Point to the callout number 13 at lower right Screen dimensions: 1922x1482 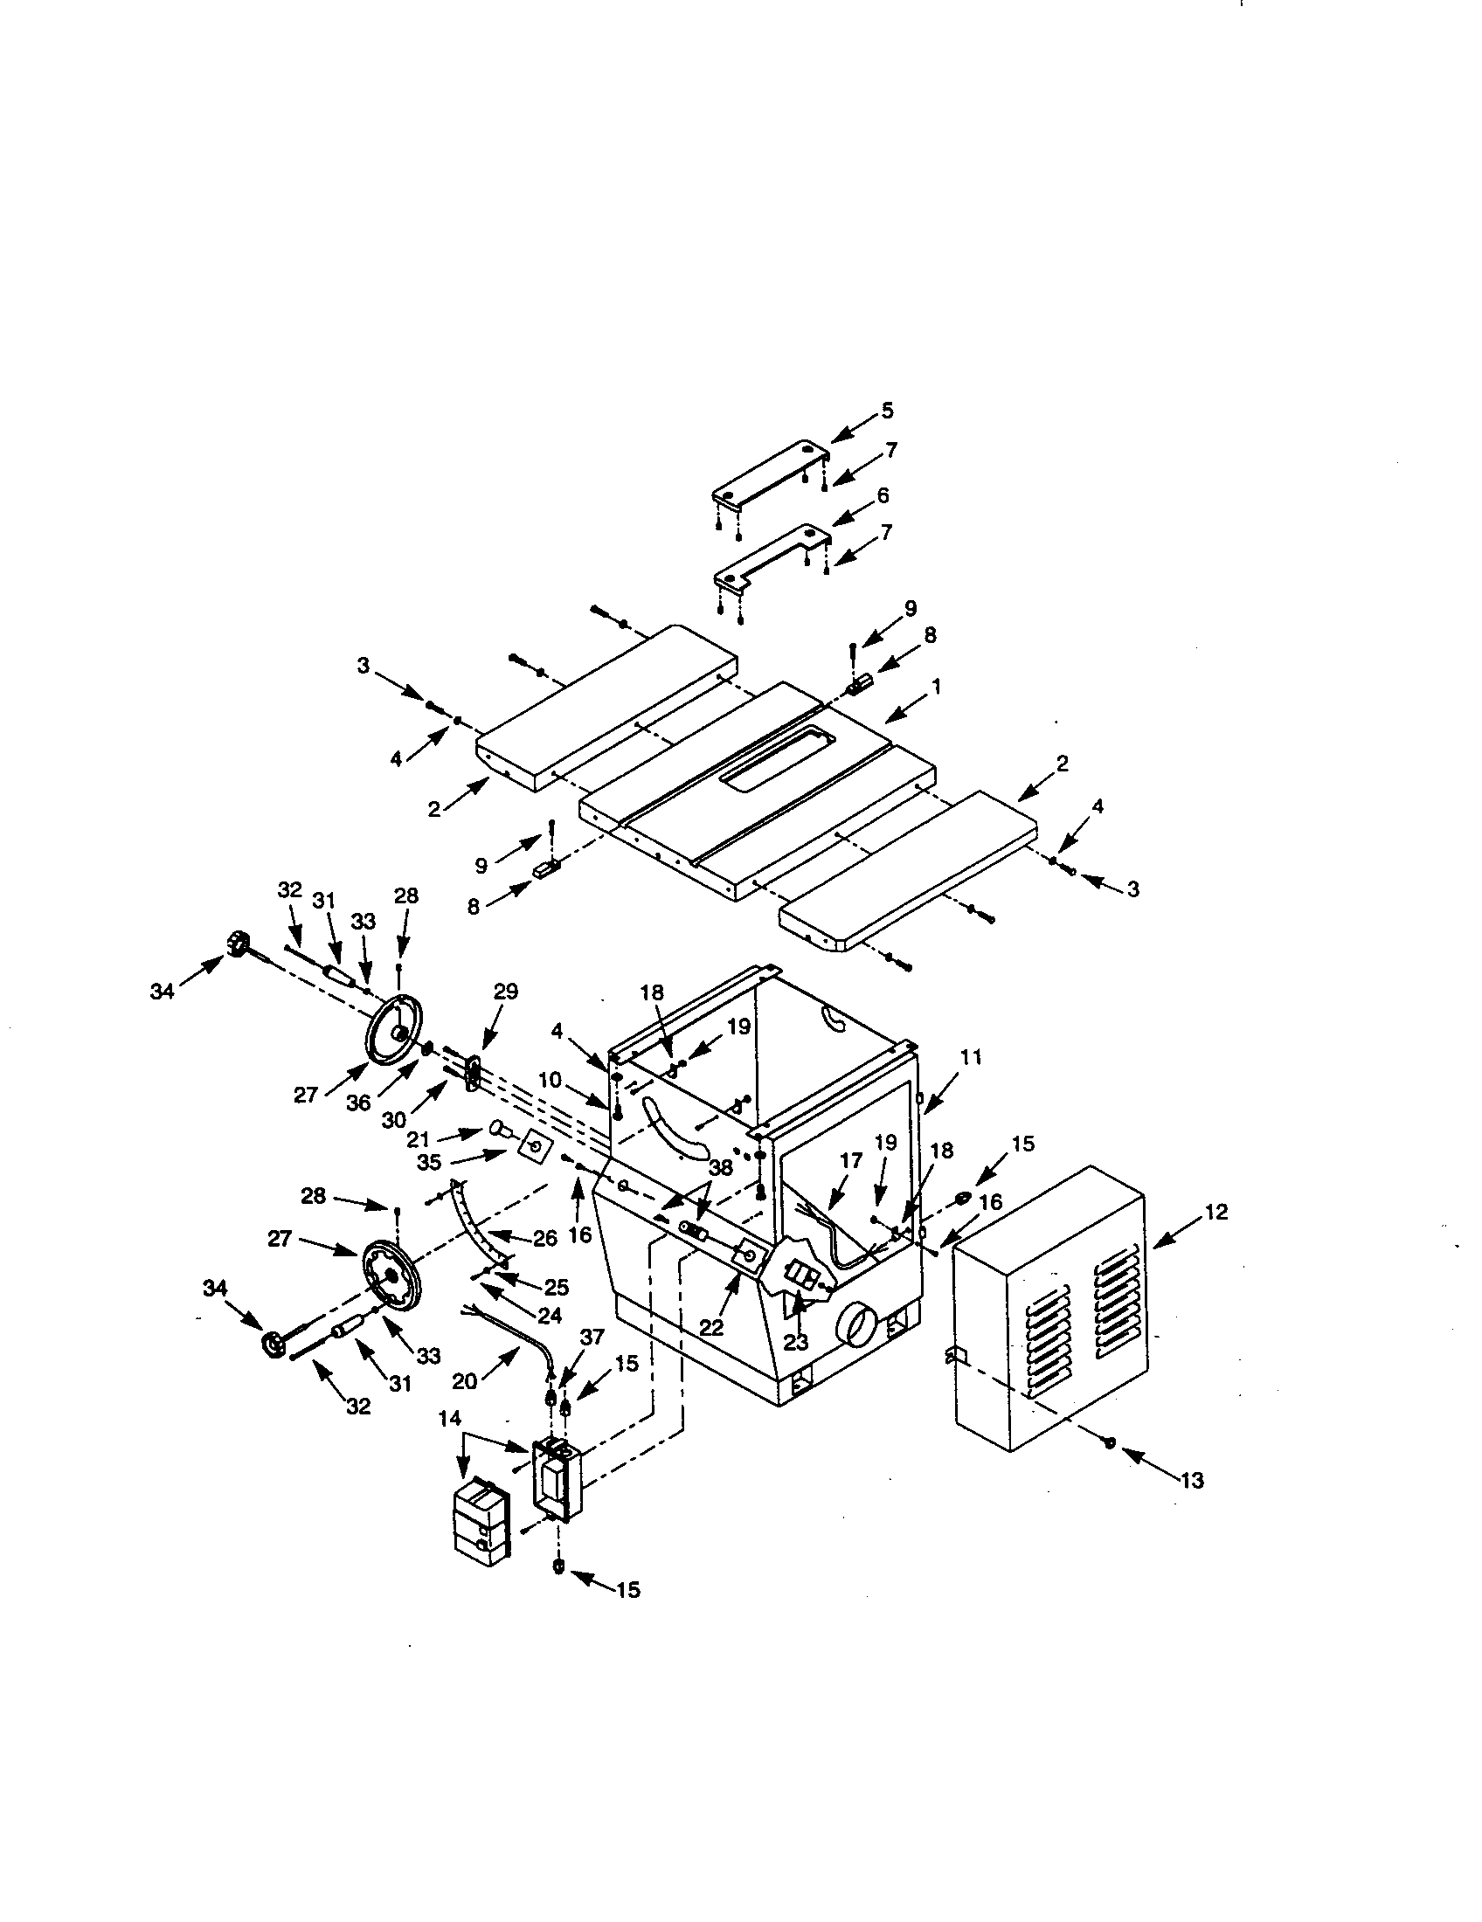pos(1191,1481)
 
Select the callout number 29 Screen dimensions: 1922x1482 pos(505,992)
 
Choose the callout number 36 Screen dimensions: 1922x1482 pos(358,1103)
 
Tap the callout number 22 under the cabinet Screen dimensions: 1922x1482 pos(710,1327)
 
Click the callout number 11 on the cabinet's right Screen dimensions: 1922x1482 pos(970,1057)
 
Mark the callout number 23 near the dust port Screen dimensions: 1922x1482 pos(796,1343)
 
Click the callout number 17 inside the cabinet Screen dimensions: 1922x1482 pos(851,1161)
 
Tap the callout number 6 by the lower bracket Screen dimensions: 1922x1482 pos(883,495)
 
